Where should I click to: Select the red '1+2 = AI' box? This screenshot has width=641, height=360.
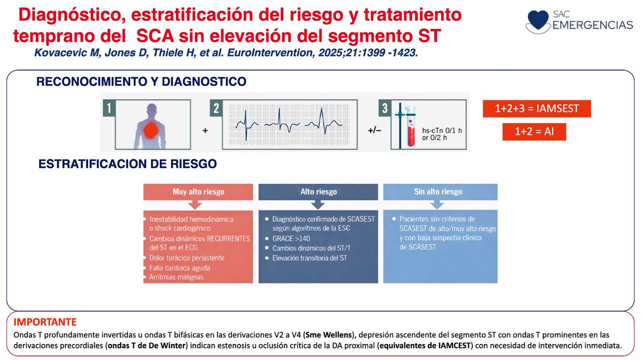534,131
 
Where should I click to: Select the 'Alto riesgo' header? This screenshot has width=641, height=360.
318,192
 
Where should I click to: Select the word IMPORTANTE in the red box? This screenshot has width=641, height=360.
45,323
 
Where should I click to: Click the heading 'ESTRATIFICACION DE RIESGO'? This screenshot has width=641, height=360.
128,164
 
